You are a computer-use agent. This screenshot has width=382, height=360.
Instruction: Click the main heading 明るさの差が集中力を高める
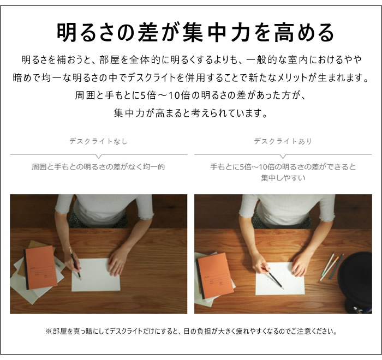pos(195,32)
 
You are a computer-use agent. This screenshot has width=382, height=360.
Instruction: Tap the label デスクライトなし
pos(98,141)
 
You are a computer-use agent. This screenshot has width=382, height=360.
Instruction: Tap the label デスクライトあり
pos(283,141)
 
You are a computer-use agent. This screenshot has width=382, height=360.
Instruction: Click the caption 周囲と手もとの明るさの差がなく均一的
pos(98,167)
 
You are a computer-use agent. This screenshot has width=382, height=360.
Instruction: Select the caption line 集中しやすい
pos(283,178)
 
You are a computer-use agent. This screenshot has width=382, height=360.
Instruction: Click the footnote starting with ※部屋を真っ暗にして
pos(191,331)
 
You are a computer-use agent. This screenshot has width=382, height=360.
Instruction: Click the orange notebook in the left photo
pos(40,267)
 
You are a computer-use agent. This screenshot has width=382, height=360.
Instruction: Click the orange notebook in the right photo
pos(214,278)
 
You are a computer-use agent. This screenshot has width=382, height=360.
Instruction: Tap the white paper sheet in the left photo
pos(95,275)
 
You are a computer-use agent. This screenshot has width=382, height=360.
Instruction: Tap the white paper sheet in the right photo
pos(280,278)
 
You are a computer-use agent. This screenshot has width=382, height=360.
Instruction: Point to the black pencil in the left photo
pos(75,263)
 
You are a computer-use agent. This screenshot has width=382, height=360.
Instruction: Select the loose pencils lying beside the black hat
pos(331,267)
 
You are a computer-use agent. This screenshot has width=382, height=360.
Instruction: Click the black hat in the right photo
pos(355,282)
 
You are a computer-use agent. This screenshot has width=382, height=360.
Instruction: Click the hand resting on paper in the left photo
pos(118,262)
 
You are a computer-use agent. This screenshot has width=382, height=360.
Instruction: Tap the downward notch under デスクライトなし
pos(99,157)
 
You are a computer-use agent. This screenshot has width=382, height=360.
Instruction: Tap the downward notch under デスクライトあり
pos(283,157)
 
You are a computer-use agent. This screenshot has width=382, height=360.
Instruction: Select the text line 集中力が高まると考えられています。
pos(191,113)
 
